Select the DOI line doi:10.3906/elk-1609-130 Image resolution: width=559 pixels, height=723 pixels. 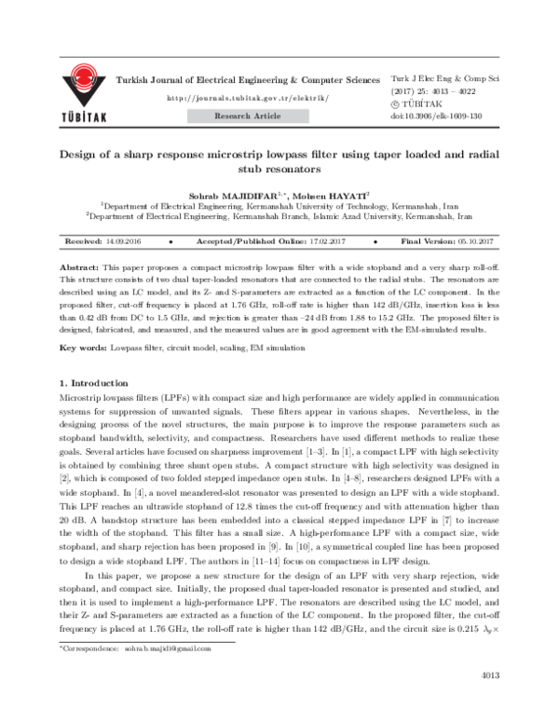click(x=436, y=116)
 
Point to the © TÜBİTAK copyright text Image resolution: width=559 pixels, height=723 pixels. click(x=411, y=105)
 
